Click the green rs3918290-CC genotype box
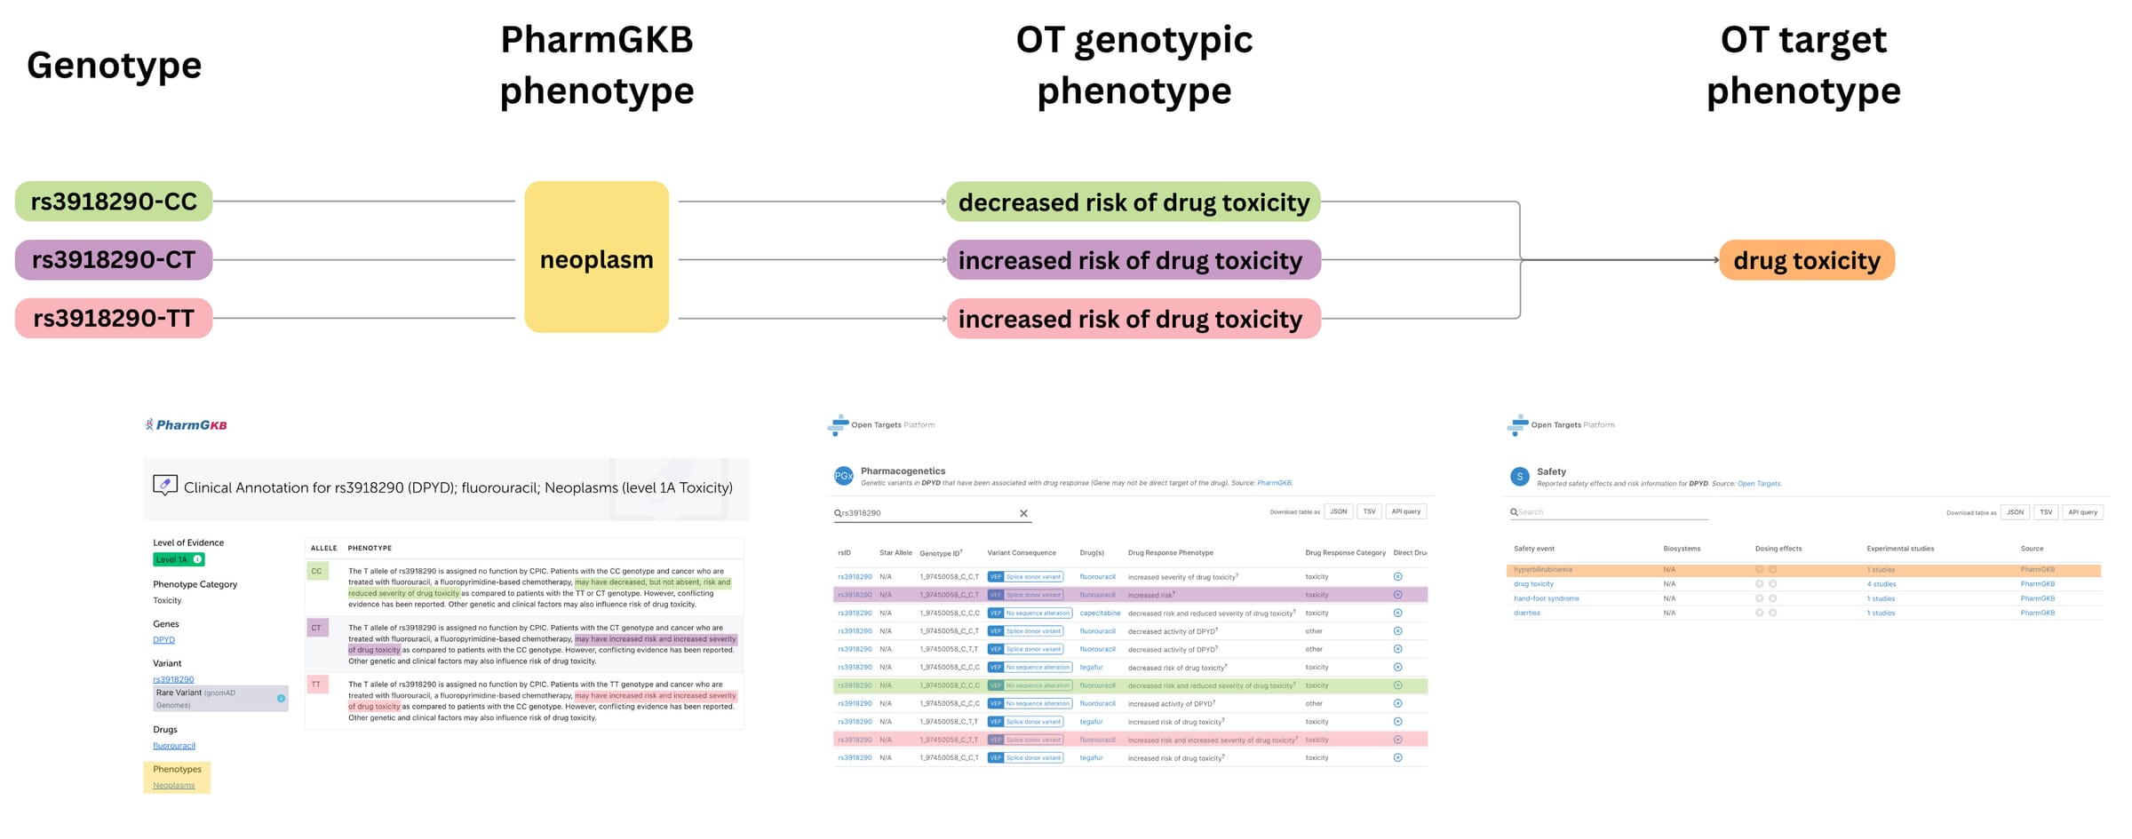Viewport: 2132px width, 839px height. (x=114, y=202)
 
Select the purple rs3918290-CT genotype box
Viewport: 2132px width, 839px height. (x=114, y=260)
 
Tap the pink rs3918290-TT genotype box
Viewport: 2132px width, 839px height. (x=114, y=318)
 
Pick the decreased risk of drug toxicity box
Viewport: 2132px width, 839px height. (x=1133, y=202)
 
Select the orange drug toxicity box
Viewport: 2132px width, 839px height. (x=1806, y=260)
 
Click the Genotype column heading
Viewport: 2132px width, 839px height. (x=114, y=65)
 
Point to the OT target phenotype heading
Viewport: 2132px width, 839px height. (x=1802, y=65)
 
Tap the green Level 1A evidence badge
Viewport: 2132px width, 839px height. (x=179, y=559)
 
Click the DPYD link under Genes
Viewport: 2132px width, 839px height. (x=163, y=639)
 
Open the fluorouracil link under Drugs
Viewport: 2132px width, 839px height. (x=173, y=746)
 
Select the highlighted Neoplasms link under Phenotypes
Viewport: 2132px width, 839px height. (x=173, y=785)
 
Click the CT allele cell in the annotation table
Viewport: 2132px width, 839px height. (x=316, y=628)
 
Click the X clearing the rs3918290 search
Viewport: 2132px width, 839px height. (x=1023, y=513)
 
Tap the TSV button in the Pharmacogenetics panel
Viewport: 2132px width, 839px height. (x=1369, y=511)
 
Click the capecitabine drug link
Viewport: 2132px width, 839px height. (x=1100, y=613)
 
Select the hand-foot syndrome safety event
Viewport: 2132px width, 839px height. (x=1546, y=598)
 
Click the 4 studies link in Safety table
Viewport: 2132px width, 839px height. (x=1881, y=584)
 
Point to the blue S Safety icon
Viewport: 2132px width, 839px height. (x=1519, y=477)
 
